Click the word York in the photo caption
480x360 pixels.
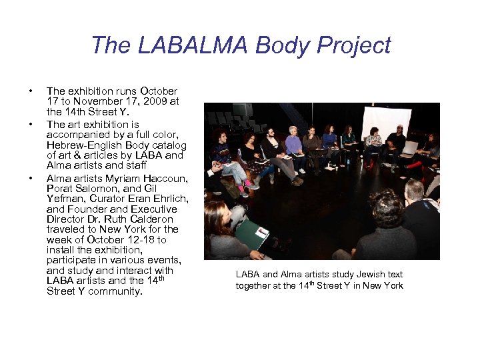point(392,286)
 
